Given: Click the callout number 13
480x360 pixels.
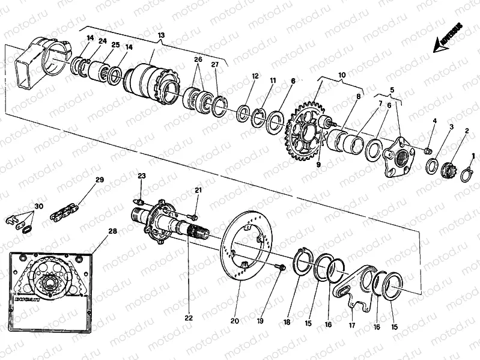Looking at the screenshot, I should pos(160,35).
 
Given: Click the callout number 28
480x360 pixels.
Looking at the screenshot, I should pos(113,230).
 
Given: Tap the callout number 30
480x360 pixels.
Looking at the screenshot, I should pos(39,207).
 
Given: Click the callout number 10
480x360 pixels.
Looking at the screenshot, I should pos(341,75).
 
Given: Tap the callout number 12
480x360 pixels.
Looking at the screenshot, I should pos(255,76).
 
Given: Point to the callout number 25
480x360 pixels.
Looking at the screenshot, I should pos(116,45).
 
